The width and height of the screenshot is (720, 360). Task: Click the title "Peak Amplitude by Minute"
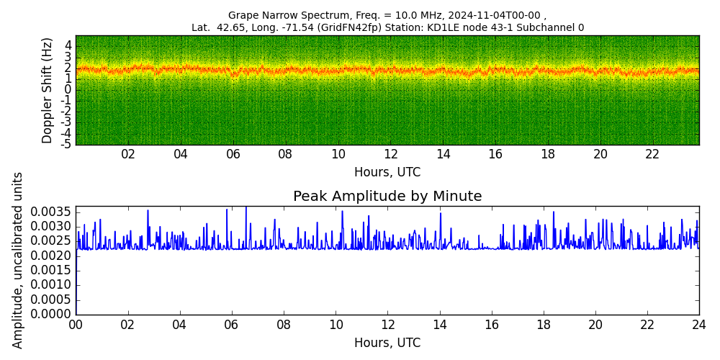click(387, 197)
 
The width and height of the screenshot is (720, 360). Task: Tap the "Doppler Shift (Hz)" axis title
click(48, 91)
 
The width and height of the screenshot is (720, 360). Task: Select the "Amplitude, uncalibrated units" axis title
click(17, 261)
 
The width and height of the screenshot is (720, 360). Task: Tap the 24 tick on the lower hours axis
click(699, 325)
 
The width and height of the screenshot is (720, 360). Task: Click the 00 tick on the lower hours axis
click(76, 325)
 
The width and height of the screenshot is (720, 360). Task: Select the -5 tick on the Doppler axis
click(66, 145)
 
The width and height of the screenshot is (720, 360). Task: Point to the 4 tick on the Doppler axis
click(68, 45)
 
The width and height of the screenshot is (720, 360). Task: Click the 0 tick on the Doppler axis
click(68, 89)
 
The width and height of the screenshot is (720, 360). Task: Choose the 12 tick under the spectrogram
click(391, 155)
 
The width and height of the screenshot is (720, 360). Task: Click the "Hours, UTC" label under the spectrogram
click(387, 172)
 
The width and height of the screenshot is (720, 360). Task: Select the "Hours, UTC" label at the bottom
click(387, 343)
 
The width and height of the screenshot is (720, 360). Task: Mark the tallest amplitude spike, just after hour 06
click(246, 207)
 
